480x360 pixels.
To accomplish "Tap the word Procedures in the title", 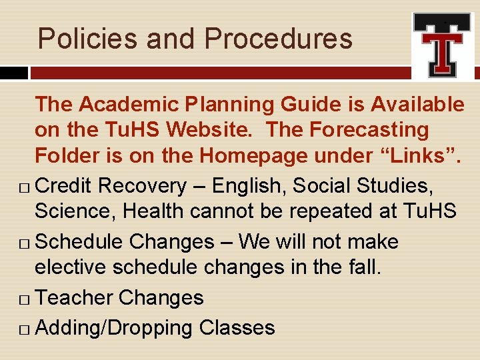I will click(x=278, y=39).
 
